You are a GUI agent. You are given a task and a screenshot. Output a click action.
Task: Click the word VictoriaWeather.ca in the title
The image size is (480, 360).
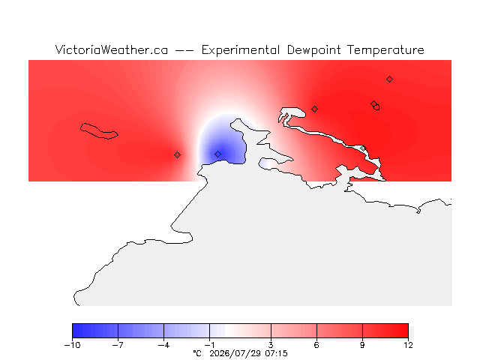click(112, 49)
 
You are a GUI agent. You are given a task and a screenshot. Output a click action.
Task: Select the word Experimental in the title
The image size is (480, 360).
click(241, 50)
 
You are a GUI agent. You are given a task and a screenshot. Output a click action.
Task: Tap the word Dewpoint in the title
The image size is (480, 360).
click(313, 50)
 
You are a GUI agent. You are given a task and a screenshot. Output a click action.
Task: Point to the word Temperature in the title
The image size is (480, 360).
click(385, 50)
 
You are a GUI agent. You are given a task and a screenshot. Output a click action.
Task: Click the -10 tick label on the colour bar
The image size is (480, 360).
click(72, 345)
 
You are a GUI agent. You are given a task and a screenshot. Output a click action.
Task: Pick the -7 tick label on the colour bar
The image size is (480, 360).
click(118, 345)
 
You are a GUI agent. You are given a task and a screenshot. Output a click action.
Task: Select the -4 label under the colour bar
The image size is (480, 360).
click(163, 345)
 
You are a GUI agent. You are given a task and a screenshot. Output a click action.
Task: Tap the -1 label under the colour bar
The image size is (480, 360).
click(209, 345)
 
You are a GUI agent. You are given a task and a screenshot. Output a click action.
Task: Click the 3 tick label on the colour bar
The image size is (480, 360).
click(271, 345)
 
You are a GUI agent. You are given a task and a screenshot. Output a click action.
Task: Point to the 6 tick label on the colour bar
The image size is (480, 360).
click(316, 345)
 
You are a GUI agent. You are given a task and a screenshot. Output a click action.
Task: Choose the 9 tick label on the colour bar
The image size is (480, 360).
click(362, 345)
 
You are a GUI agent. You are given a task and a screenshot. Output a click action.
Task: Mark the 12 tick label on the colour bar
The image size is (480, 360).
click(408, 345)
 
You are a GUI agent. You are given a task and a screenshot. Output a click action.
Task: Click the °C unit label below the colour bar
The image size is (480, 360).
click(197, 353)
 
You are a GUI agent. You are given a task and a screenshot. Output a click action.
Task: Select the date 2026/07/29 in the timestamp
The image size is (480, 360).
click(235, 353)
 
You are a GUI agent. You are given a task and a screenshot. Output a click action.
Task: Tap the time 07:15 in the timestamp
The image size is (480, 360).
click(276, 353)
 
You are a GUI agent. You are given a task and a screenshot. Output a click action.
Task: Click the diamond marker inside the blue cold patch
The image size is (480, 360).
click(217, 154)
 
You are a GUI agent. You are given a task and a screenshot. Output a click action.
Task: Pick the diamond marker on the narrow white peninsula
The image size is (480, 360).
click(363, 148)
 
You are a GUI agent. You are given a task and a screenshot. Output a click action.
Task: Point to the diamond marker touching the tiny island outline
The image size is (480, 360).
click(373, 103)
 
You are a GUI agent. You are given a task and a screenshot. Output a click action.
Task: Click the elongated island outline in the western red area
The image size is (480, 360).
click(99, 130)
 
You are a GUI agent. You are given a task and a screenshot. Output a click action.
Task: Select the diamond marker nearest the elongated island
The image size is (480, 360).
click(177, 155)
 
